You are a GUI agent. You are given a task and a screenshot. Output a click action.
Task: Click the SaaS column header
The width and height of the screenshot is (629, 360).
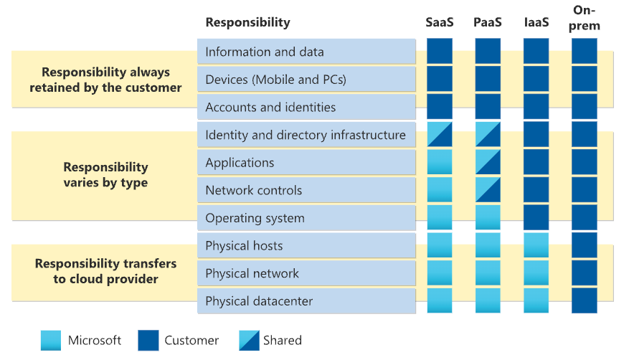point(440,22)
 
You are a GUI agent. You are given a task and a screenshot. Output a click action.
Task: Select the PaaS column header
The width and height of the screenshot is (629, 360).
point(488,22)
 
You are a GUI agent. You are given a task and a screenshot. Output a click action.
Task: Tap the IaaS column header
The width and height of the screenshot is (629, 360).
point(536,22)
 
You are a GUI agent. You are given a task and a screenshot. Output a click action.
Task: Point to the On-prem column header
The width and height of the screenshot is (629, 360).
point(585,17)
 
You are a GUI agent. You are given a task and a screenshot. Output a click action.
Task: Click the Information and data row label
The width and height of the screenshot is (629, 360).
point(264,52)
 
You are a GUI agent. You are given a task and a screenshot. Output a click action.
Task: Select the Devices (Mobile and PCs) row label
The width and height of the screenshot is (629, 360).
point(275,80)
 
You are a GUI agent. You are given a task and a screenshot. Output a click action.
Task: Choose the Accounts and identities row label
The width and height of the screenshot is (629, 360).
point(270,107)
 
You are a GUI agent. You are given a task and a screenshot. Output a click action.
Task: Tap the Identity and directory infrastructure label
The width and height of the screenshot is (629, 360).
point(305,135)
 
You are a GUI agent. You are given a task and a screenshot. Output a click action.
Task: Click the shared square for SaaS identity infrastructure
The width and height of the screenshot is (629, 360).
point(440,135)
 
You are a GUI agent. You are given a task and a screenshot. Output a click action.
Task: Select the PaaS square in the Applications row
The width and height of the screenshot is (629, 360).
point(488,163)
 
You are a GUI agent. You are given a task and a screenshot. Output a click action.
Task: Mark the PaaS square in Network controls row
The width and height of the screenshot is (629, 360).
point(488,190)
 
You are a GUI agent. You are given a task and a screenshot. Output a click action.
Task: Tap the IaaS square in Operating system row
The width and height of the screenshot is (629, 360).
point(536,218)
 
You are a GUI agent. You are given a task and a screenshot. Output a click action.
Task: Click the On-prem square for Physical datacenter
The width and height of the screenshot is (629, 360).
point(585,301)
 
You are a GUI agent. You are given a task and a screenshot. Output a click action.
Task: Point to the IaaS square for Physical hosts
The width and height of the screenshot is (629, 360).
point(536,246)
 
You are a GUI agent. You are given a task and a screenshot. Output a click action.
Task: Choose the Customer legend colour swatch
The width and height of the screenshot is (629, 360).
point(149,340)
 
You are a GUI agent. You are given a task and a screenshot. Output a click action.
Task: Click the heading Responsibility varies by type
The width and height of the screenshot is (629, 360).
point(105,175)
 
